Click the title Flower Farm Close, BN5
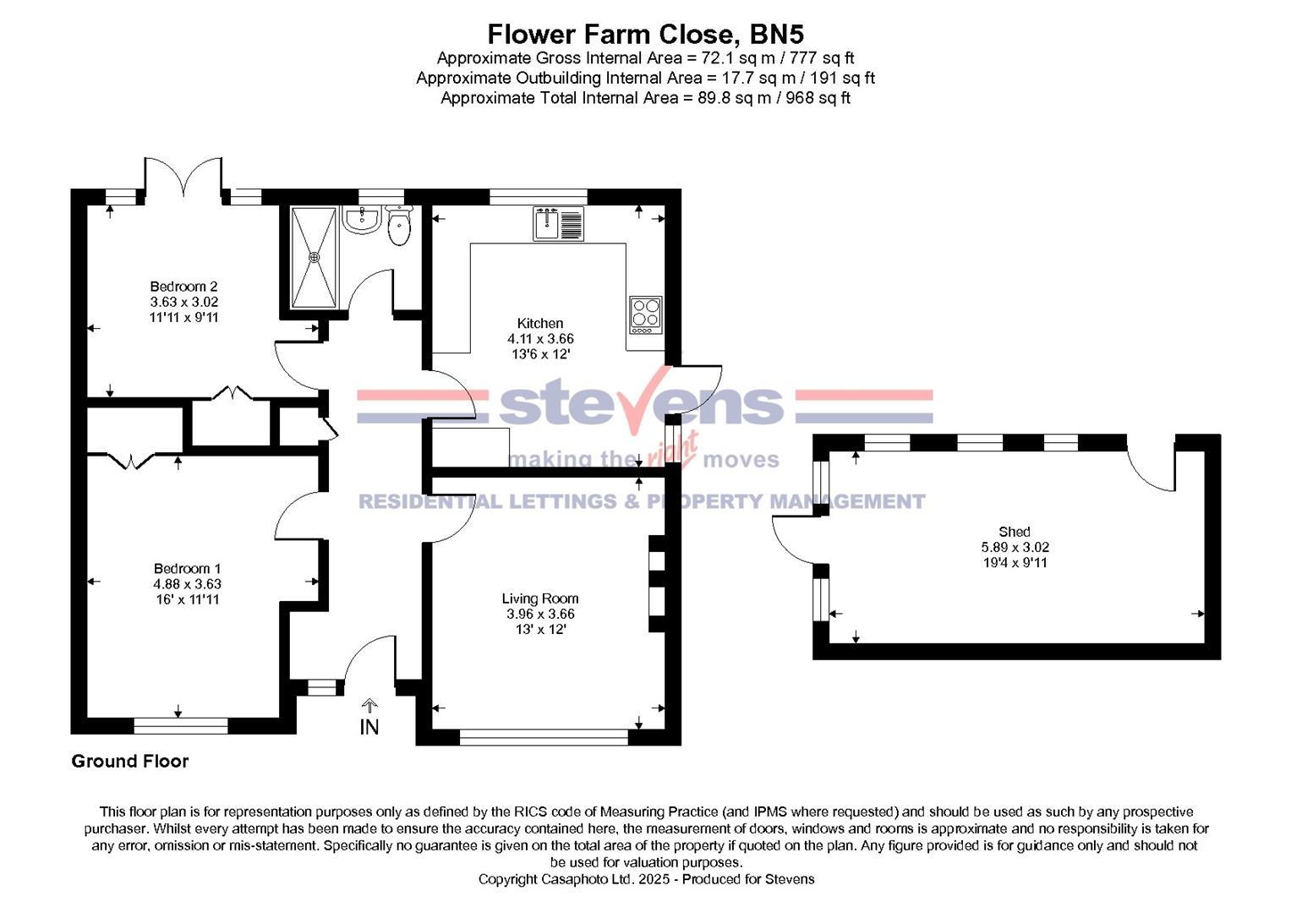[x=645, y=34]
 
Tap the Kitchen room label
[x=540, y=323]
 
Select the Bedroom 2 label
[x=183, y=287]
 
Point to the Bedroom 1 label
[x=187, y=569]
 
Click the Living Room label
[x=540, y=599]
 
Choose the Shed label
[x=1014, y=532]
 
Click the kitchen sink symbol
[x=558, y=224]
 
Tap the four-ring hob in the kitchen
[x=646, y=314]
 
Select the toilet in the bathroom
[x=398, y=226]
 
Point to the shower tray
[x=315, y=257]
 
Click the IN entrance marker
[x=369, y=726]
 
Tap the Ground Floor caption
[x=130, y=761]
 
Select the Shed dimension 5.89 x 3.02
[x=1015, y=547]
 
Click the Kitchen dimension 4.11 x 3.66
[x=540, y=338]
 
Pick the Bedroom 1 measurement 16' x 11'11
[x=187, y=599]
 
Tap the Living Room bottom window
[x=544, y=737]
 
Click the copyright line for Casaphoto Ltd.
[x=646, y=879]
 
